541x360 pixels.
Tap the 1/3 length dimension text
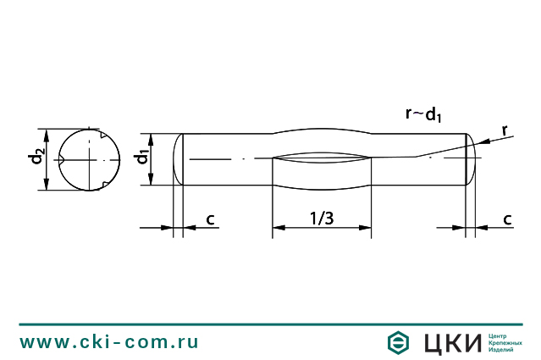(322, 219)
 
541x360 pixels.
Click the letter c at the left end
(211, 219)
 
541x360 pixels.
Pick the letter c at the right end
(508, 219)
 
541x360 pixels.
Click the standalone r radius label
(505, 130)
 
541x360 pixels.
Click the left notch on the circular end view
(62, 159)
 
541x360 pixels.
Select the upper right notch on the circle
(102, 135)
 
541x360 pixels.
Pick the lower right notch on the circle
(102, 184)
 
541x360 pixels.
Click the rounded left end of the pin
(178, 158)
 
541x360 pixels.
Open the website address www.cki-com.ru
(109, 342)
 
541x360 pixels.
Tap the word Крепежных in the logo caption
(507, 342)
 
